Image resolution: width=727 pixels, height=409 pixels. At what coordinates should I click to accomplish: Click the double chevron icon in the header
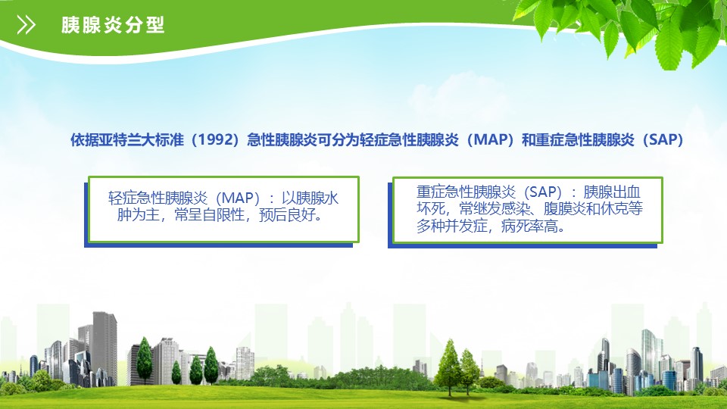click(x=26, y=24)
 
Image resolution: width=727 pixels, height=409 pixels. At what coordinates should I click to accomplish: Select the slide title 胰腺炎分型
click(x=113, y=25)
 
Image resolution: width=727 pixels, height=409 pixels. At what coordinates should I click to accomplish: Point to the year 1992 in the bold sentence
click(x=215, y=139)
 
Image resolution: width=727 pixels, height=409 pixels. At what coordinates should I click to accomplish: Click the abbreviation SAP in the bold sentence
click(x=663, y=139)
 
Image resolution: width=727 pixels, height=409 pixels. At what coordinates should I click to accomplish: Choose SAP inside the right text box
click(x=542, y=192)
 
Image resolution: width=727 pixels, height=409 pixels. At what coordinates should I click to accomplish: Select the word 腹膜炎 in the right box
click(x=564, y=209)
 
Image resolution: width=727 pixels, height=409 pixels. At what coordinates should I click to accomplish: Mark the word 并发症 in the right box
click(x=466, y=226)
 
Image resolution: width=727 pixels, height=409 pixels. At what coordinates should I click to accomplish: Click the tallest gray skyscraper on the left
click(x=105, y=348)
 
